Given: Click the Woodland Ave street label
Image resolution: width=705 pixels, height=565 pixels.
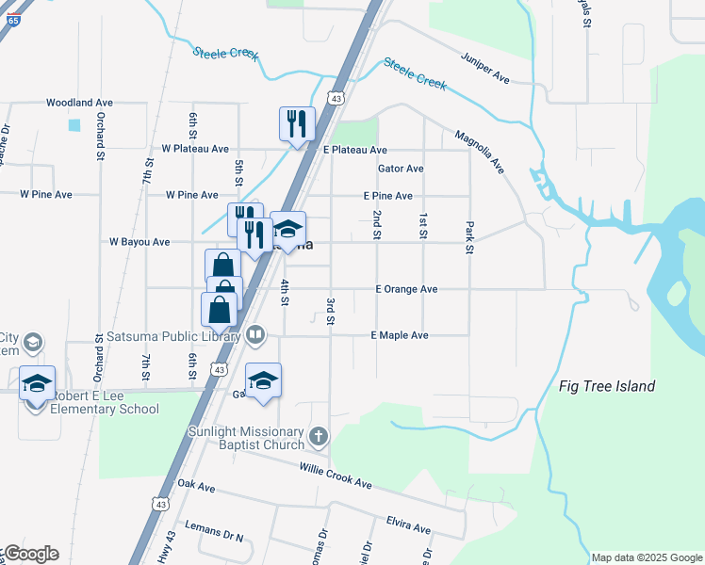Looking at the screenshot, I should click(x=79, y=103).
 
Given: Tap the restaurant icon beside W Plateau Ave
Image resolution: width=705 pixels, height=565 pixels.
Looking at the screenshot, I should click(x=296, y=123).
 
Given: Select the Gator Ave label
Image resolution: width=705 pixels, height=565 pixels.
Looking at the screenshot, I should click(x=401, y=169).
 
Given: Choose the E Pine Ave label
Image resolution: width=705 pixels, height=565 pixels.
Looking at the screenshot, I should click(x=388, y=196).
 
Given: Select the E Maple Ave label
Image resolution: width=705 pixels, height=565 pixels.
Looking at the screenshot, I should click(x=400, y=335).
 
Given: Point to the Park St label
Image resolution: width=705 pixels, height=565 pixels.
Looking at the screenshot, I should click(x=468, y=237).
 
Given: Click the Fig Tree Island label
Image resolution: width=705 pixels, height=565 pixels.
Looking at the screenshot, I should click(x=607, y=386).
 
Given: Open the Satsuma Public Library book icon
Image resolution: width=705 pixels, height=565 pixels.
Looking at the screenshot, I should click(x=255, y=334).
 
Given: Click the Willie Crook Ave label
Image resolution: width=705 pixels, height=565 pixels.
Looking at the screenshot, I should click(x=336, y=476).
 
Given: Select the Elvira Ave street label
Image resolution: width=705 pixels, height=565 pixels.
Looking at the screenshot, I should click(x=408, y=524).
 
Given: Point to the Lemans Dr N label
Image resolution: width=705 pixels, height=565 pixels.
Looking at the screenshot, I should click(x=214, y=538).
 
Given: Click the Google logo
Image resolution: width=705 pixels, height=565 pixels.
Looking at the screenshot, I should click(x=30, y=554).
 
